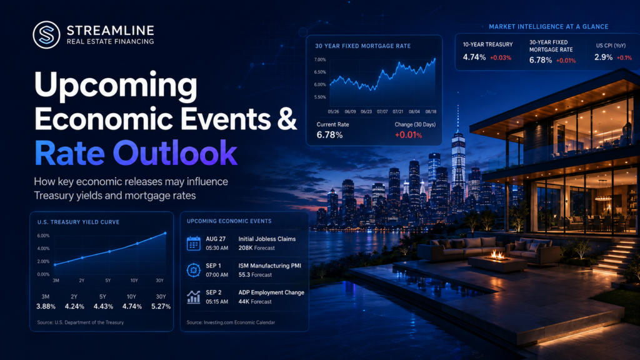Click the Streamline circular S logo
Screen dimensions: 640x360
[46, 35]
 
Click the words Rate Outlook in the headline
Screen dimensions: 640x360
[136, 153]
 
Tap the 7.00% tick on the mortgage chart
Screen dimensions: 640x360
[320, 59]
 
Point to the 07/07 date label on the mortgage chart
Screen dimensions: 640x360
[382, 111]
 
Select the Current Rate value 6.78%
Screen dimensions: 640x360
[329, 135]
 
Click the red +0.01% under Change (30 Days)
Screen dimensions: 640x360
[408, 135]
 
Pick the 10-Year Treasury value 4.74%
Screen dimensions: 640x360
[474, 57]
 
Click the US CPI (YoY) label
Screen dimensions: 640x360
[611, 46]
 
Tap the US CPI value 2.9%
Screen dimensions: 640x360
[603, 57]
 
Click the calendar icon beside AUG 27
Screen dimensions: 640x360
[194, 243]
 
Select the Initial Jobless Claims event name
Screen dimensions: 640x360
[267, 239]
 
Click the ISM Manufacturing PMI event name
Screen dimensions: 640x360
[270, 266]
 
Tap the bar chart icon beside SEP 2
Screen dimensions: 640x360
[194, 297]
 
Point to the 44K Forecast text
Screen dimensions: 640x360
[255, 302]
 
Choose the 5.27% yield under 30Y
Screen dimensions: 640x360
[161, 306]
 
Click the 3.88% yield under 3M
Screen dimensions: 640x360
[46, 306]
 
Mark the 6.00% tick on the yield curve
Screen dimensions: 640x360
[43, 236]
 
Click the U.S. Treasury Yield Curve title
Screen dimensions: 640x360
[78, 222]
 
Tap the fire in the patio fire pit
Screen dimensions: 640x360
[497, 256]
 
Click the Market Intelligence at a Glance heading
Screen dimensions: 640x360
[549, 26]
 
